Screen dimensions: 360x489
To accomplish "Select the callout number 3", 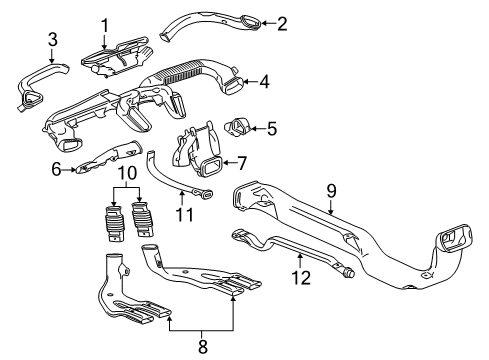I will click(x=26, y=40).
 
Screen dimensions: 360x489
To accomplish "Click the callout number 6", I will click(x=57, y=170).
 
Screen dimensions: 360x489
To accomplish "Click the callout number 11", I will click(x=181, y=214).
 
